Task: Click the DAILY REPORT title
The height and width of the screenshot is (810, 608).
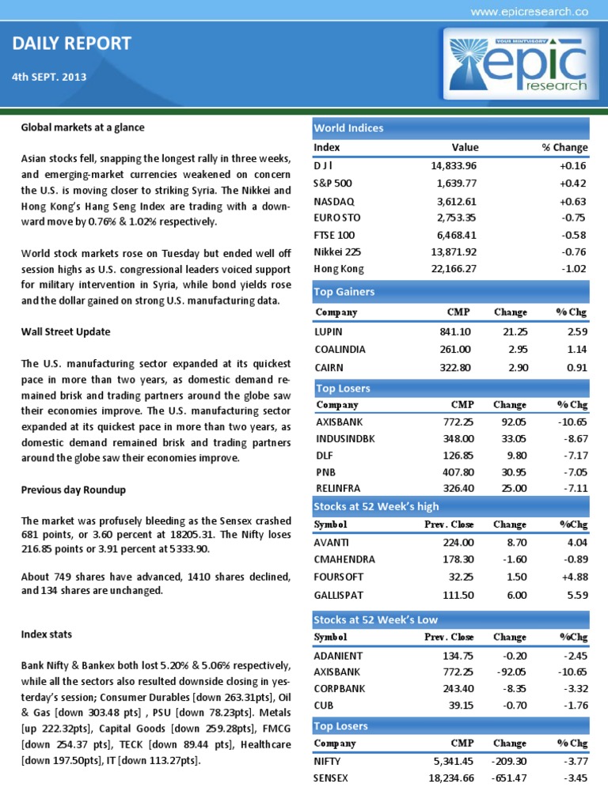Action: (x=72, y=44)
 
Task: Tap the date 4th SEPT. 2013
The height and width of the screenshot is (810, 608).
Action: (x=50, y=78)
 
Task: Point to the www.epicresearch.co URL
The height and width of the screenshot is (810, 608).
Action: (x=529, y=11)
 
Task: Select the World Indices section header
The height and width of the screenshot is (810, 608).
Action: (x=349, y=128)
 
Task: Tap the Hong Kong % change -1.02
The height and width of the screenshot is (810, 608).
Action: (x=573, y=270)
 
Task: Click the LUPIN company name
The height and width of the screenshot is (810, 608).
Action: (x=329, y=332)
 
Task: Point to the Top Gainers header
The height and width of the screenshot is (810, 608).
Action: (x=344, y=292)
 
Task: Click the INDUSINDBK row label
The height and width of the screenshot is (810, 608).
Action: (x=345, y=438)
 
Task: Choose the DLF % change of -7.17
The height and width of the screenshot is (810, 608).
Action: (x=573, y=456)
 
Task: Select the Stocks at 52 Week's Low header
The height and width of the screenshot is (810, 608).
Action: (x=376, y=619)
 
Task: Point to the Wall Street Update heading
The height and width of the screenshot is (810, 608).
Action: (x=66, y=331)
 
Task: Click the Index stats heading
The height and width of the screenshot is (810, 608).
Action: (x=47, y=634)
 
